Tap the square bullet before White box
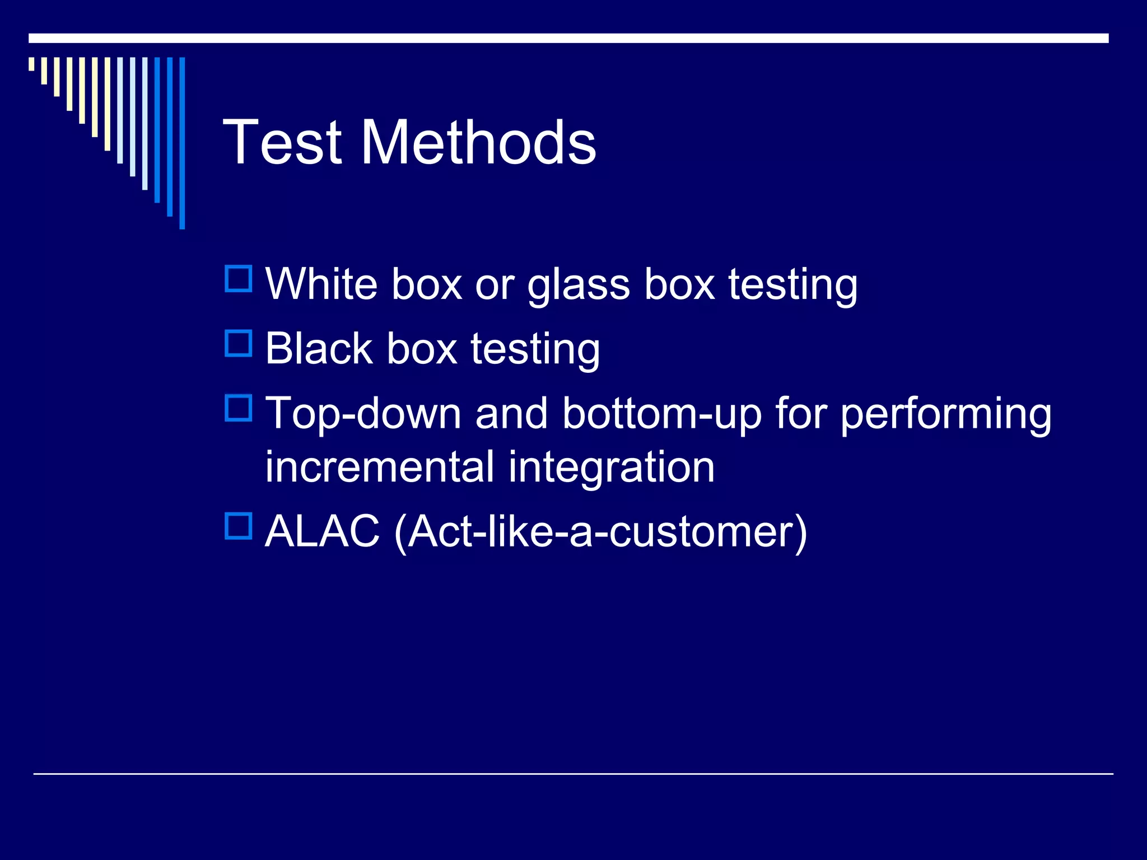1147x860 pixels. (x=239, y=279)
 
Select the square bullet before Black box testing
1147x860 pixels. (x=239, y=343)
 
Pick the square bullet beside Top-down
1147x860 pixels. (x=239, y=408)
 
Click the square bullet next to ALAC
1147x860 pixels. (x=239, y=526)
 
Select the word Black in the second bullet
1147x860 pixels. (x=319, y=348)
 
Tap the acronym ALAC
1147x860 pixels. (x=322, y=531)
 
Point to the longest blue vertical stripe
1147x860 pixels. (x=182, y=143)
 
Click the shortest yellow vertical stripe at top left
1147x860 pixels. (x=31, y=64)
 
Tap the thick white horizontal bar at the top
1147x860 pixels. (x=568, y=38)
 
